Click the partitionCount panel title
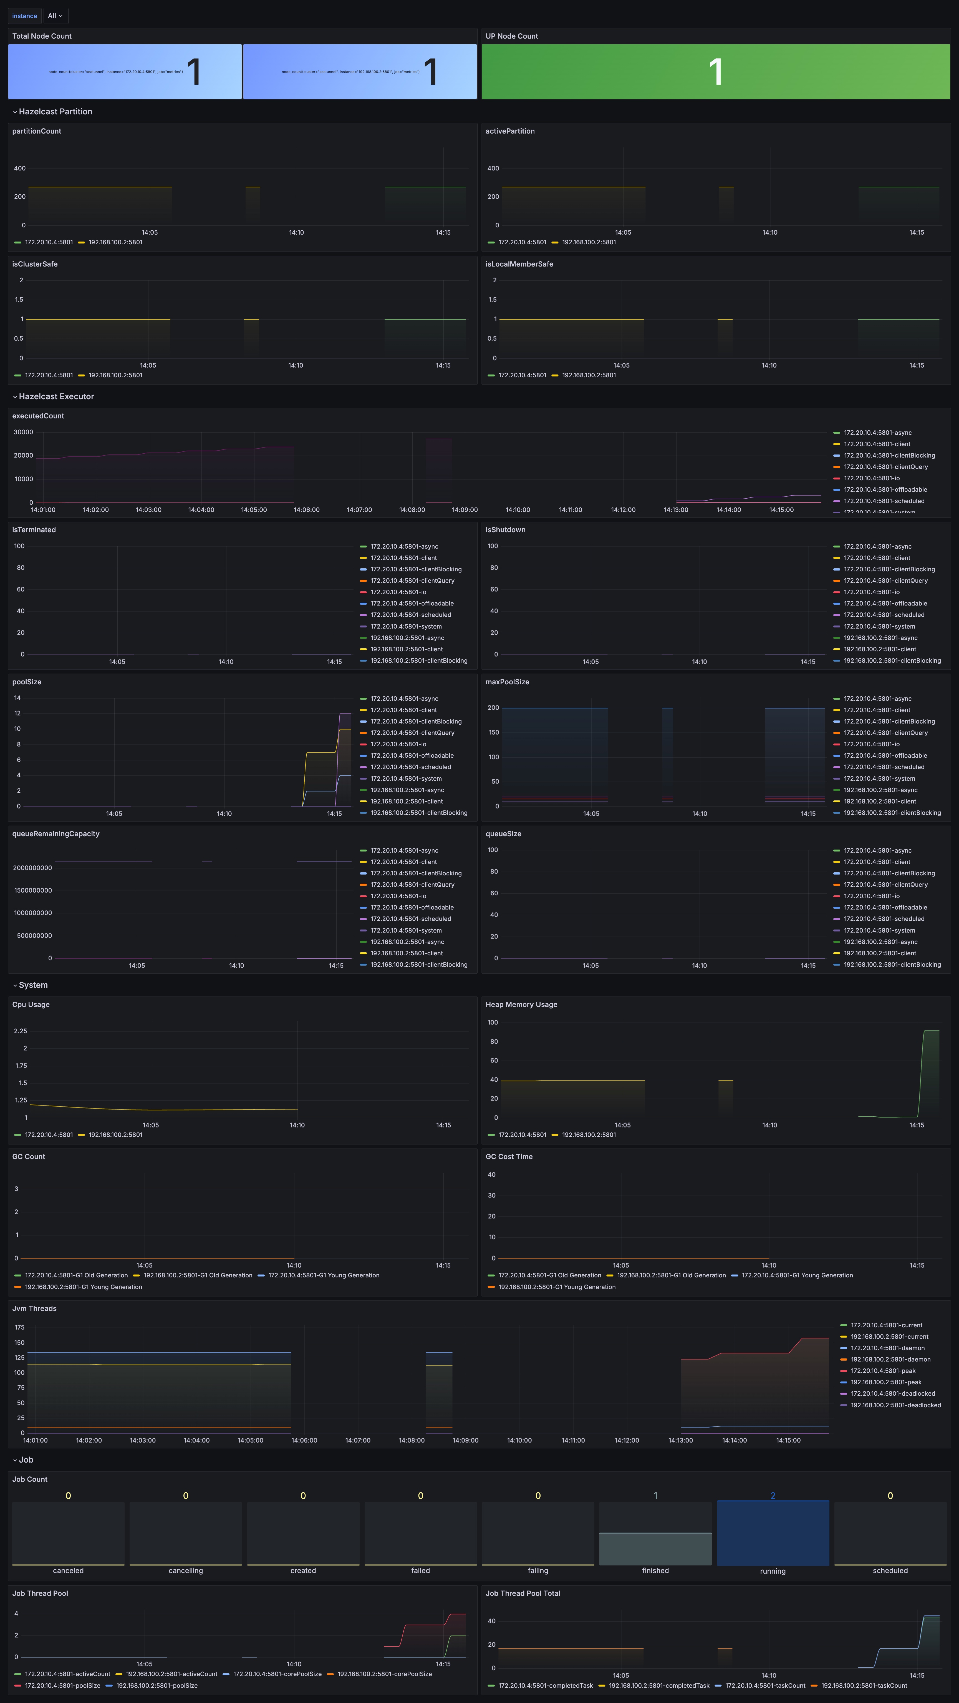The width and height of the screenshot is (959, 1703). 36,131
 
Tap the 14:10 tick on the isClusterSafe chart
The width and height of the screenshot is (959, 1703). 296,366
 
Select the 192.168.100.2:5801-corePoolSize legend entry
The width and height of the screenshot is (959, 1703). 384,1674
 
